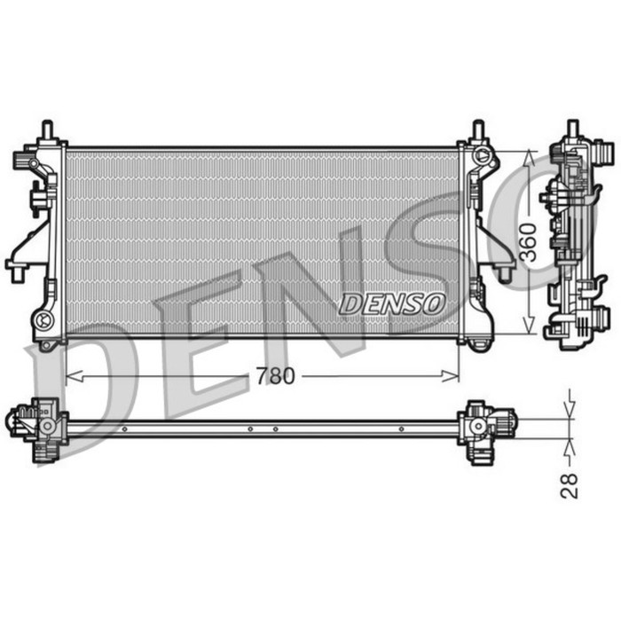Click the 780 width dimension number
pyautogui.click(x=274, y=376)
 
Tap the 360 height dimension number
pyautogui.click(x=529, y=241)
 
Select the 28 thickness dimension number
pyautogui.click(x=570, y=484)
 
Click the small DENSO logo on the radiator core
pyautogui.click(x=391, y=303)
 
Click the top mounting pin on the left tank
pyautogui.click(x=47, y=130)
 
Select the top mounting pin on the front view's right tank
pyautogui.click(x=478, y=130)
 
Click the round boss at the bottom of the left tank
pyautogui.click(x=43, y=318)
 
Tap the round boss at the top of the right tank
pyautogui.click(x=483, y=157)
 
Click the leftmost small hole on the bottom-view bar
pyautogui.click(x=125, y=429)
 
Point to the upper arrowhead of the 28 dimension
pyautogui.click(x=570, y=411)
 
